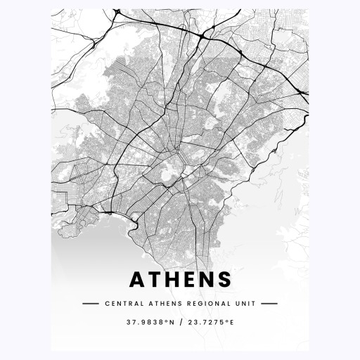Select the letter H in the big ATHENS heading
173,280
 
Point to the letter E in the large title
190,280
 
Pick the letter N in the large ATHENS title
207,280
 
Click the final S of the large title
224,280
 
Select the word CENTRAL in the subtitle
120,304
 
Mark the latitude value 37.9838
139,323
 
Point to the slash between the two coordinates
180,323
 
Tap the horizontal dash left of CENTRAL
91,304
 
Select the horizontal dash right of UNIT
269,304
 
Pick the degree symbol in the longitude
226,321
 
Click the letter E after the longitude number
231,323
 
